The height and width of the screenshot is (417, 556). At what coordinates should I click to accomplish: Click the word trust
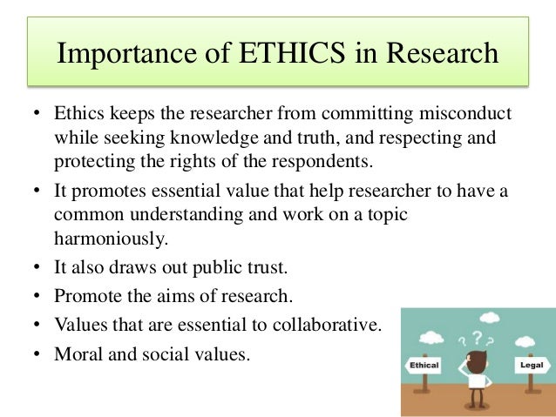(x=268, y=266)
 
